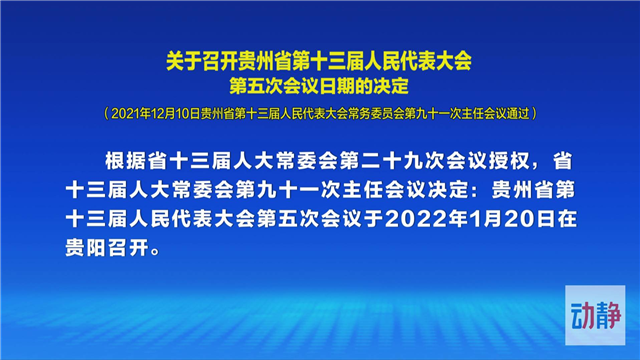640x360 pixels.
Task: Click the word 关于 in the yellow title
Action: coord(184,62)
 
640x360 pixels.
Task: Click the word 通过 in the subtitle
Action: coord(518,113)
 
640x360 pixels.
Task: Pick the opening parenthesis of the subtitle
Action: coord(107,113)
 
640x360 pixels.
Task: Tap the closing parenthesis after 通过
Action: coord(534,113)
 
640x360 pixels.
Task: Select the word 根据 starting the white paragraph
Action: coord(126,161)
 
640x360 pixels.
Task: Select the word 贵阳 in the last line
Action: coord(85,248)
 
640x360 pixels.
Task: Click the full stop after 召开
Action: coord(155,252)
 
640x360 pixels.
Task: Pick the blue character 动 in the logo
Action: coord(582,316)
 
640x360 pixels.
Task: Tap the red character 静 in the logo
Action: coord(608,316)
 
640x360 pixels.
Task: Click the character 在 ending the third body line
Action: coord(567,220)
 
